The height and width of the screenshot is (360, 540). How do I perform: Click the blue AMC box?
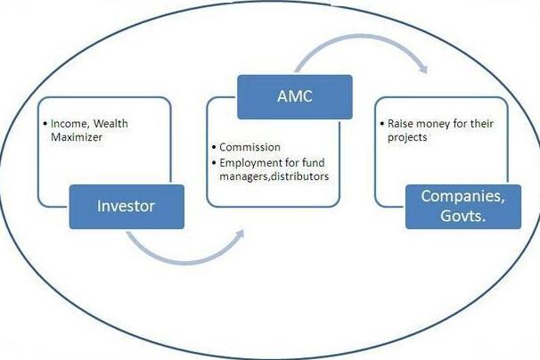(295, 97)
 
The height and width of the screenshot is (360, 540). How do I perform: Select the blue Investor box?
(127, 207)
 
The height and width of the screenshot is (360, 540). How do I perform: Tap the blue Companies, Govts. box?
(463, 207)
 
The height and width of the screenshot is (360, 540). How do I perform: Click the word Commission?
(250, 147)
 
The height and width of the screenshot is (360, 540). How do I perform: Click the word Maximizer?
(77, 137)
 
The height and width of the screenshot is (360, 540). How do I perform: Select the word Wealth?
(110, 123)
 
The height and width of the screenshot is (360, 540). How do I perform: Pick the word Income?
(70, 124)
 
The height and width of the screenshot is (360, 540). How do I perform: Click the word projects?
(407, 138)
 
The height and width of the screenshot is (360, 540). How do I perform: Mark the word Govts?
(462, 216)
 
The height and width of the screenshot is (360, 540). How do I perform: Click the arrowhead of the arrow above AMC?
(423, 69)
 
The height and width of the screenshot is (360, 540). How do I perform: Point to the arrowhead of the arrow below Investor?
(240, 234)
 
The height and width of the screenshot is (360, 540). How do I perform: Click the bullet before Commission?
(214, 147)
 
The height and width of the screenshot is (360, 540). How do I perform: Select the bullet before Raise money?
(382, 124)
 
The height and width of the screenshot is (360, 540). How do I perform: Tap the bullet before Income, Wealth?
(45, 124)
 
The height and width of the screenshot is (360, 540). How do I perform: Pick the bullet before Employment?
(214, 163)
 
